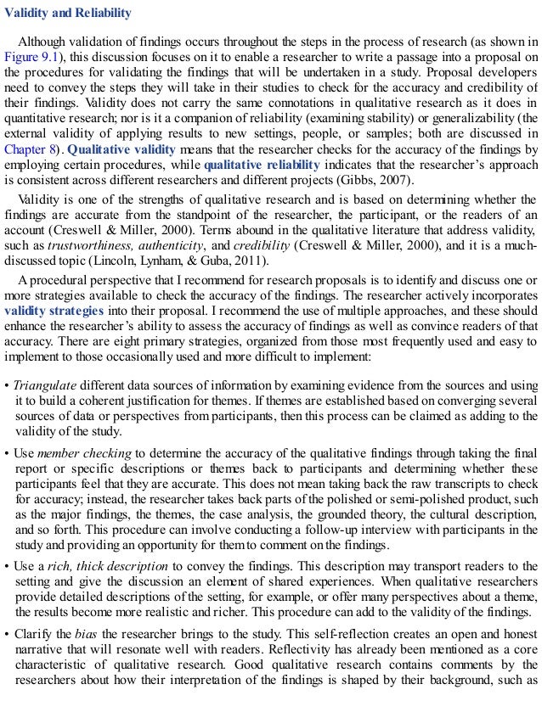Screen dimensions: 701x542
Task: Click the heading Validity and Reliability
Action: tap(69, 14)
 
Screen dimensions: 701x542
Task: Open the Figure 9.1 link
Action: tap(30, 56)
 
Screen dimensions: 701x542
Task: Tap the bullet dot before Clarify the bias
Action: tap(7, 631)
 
